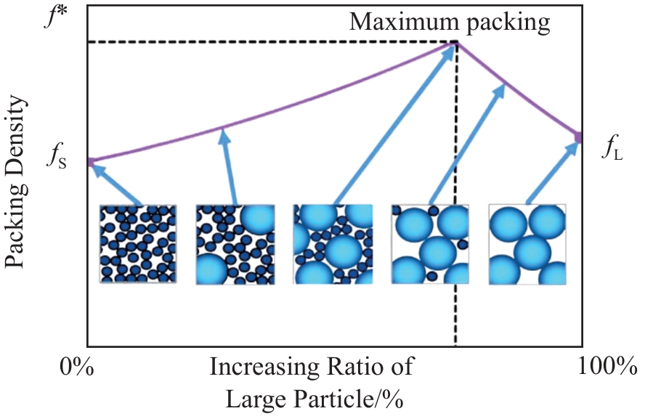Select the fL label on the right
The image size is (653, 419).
pyautogui.click(x=612, y=149)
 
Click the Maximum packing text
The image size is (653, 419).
pyautogui.click(x=450, y=22)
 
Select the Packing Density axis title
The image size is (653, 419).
pyautogui.click(x=20, y=182)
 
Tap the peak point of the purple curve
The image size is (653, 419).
pyautogui.click(x=456, y=44)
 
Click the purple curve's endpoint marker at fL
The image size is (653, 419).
pyautogui.click(x=579, y=136)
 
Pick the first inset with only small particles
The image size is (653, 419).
pyautogui.click(x=138, y=244)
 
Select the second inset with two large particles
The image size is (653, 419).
pyautogui.click(x=235, y=244)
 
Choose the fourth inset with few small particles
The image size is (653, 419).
pyautogui.click(x=430, y=244)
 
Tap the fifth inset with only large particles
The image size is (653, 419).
pyautogui.click(x=527, y=244)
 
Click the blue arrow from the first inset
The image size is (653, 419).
pyautogui.click(x=116, y=184)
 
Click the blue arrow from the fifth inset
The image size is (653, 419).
pyautogui.click(x=553, y=171)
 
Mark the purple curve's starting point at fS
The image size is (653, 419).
pyautogui.click(x=89, y=161)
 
